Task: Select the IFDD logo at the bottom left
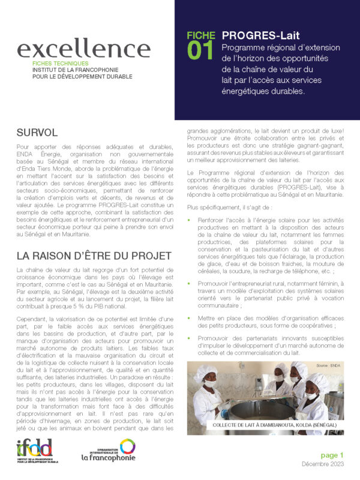(34, 451)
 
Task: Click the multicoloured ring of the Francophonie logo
(127, 446)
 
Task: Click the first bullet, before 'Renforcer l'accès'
(191, 221)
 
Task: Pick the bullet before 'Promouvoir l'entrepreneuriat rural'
(191, 283)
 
